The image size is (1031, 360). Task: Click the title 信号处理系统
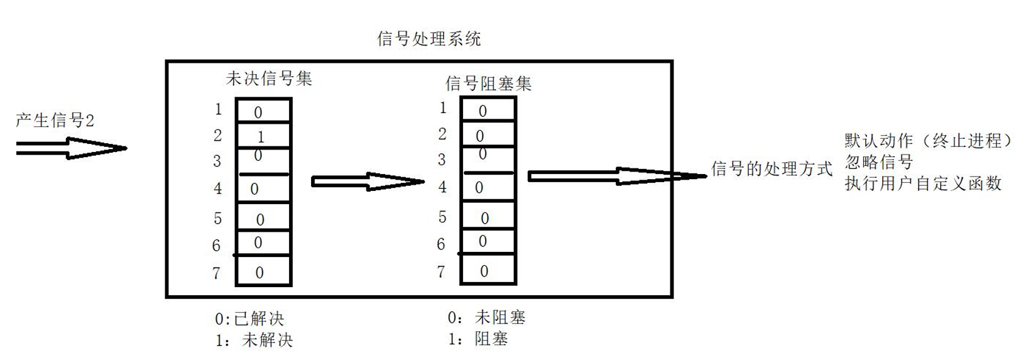coord(428,39)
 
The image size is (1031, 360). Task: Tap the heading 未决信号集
coord(269,79)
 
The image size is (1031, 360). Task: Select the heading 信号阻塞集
coord(488,83)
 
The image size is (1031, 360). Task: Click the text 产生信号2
coord(55,120)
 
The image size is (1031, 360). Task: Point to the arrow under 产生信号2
coord(70,149)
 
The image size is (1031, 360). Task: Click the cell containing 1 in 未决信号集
coord(263,136)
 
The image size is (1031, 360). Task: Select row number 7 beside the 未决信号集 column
coord(217,273)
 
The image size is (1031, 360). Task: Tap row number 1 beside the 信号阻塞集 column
coord(443,108)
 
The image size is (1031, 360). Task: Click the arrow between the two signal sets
coord(368,182)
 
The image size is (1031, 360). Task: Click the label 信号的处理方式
coord(772,168)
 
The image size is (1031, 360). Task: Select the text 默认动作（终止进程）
coord(929,140)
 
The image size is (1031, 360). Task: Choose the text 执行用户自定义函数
coord(922,183)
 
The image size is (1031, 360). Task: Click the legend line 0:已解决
coord(249,319)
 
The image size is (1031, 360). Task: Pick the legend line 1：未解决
coord(254,340)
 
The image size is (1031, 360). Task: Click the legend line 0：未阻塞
coord(486,317)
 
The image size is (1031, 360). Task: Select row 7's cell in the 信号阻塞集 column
coord(488,271)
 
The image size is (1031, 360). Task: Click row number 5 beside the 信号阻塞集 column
coord(442,217)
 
